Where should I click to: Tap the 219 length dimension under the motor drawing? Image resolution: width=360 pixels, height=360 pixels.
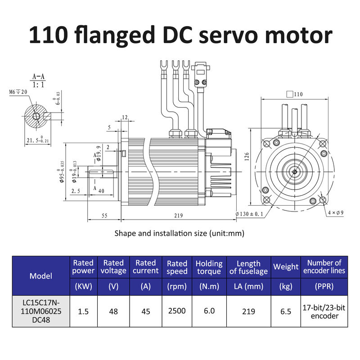click(x=179, y=216)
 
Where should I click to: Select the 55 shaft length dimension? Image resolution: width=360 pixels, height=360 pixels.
click(x=104, y=216)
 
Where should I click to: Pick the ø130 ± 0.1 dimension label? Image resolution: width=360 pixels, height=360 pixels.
click(x=250, y=214)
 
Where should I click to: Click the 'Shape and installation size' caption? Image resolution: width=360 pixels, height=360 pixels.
click(x=179, y=233)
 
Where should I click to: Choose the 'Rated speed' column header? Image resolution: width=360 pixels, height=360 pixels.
click(x=177, y=267)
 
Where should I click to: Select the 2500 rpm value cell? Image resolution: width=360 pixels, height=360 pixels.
click(x=177, y=310)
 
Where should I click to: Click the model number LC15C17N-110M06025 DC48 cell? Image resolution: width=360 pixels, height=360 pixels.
click(x=41, y=310)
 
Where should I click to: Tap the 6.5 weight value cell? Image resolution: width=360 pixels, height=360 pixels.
click(x=286, y=310)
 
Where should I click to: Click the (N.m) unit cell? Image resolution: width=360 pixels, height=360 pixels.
click(x=209, y=287)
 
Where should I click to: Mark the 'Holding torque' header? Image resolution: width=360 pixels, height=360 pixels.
click(x=209, y=267)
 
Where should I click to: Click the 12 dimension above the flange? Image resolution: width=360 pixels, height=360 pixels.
click(x=125, y=118)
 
